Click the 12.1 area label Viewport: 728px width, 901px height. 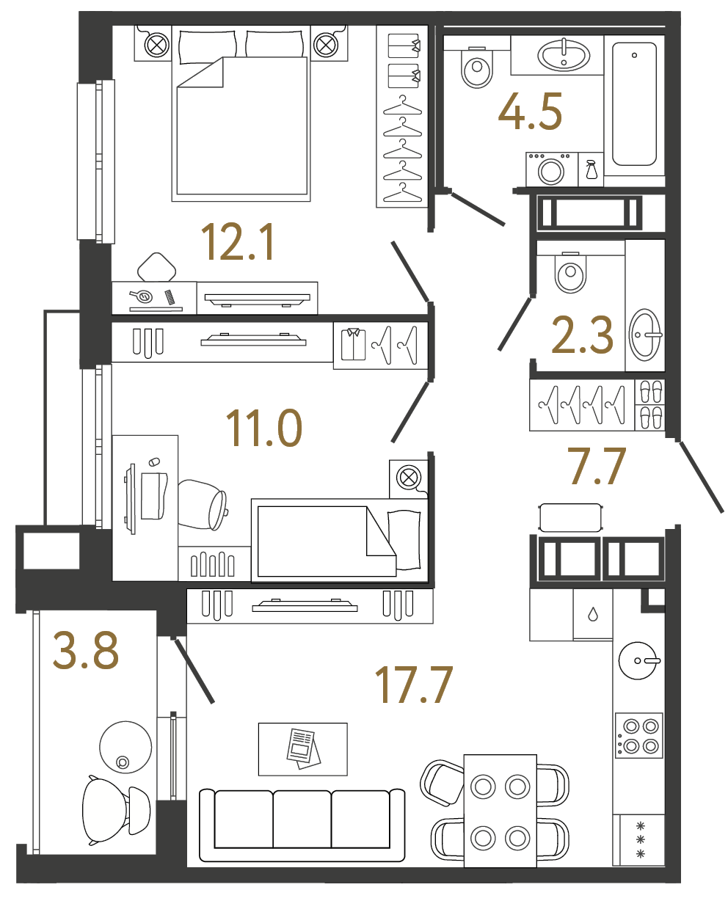pyautogui.click(x=239, y=243)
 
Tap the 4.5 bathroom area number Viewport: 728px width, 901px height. pyautogui.click(x=530, y=113)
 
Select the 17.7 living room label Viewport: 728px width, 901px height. pyautogui.click(x=415, y=685)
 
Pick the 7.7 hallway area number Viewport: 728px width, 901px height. pyautogui.click(x=598, y=467)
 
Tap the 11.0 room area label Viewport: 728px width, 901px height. pyautogui.click(x=263, y=428)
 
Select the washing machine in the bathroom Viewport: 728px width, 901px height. pyautogui.click(x=551, y=170)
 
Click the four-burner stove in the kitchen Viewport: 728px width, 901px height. pyautogui.click(x=639, y=736)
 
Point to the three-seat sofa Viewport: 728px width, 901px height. pyautogui.click(x=302, y=826)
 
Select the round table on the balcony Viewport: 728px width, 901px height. pyautogui.click(x=125, y=745)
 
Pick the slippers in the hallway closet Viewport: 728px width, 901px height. pyautogui.click(x=649, y=404)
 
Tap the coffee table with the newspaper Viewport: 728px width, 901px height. pyautogui.click(x=302, y=748)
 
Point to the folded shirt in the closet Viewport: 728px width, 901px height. pyautogui.click(x=353, y=344)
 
